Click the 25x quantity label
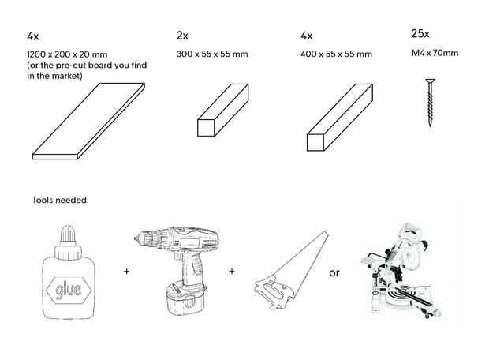(x=420, y=34)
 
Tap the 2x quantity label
(x=183, y=36)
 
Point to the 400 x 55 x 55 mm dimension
(x=336, y=54)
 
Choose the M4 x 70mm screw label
(x=435, y=54)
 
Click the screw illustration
(x=431, y=103)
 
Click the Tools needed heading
(x=61, y=200)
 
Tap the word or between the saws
(x=334, y=273)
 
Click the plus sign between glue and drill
(x=125, y=271)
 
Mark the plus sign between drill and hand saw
(x=232, y=271)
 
